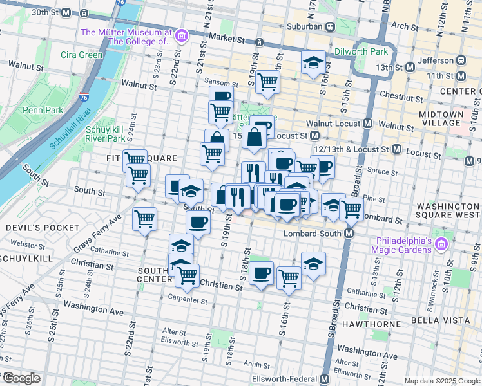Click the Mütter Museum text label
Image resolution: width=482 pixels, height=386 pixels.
126,37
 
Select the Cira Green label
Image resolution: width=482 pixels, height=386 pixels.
81,55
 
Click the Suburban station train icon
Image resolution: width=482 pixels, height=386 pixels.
329,27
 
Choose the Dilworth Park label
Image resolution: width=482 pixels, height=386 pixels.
361,51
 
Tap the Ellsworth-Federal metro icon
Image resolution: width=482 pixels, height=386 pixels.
324,380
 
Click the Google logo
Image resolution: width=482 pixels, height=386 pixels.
21,378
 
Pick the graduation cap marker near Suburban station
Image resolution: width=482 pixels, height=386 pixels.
313,63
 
